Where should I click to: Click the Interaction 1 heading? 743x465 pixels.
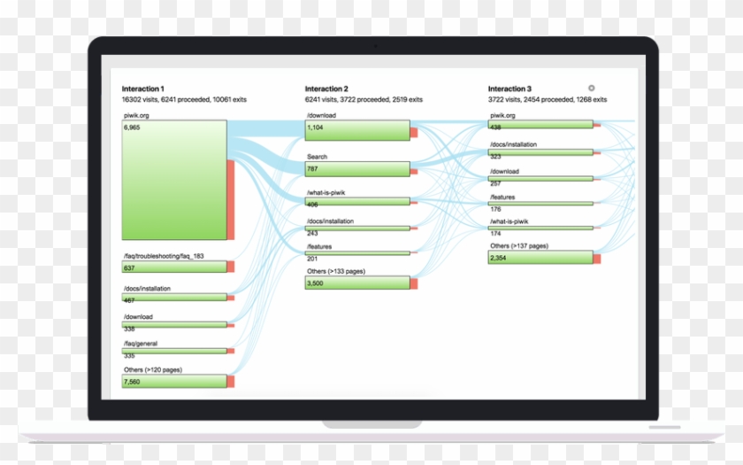[x=142, y=89]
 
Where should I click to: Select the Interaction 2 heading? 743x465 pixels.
[x=326, y=89]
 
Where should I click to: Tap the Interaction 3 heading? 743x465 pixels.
[x=509, y=89]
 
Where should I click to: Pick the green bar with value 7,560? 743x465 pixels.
[x=174, y=381]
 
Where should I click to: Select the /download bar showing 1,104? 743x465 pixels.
[x=357, y=131]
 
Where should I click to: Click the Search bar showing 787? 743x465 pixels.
[x=357, y=168]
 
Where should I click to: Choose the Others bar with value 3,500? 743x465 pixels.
[x=357, y=283]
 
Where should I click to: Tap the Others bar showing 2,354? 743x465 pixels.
[x=540, y=258]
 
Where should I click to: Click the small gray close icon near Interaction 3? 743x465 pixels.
[x=592, y=88]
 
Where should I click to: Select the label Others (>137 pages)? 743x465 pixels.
[x=518, y=245]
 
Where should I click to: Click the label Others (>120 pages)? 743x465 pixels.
[x=153, y=369]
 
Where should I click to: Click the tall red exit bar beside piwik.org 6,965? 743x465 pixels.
[x=231, y=199]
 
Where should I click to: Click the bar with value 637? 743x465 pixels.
[x=174, y=267]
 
